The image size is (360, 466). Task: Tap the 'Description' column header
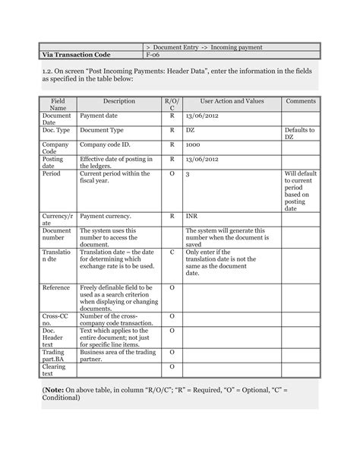(x=118, y=101)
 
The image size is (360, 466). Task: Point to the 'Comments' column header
(x=301, y=101)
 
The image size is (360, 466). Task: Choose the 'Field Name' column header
(x=58, y=105)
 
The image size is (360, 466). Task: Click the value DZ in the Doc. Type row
(x=191, y=131)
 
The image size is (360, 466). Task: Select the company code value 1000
(x=194, y=144)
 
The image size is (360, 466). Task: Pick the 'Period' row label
(x=51, y=174)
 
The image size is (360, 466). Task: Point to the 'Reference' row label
(x=56, y=288)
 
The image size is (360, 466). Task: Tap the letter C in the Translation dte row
(x=172, y=252)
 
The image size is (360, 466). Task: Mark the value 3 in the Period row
(x=187, y=174)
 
